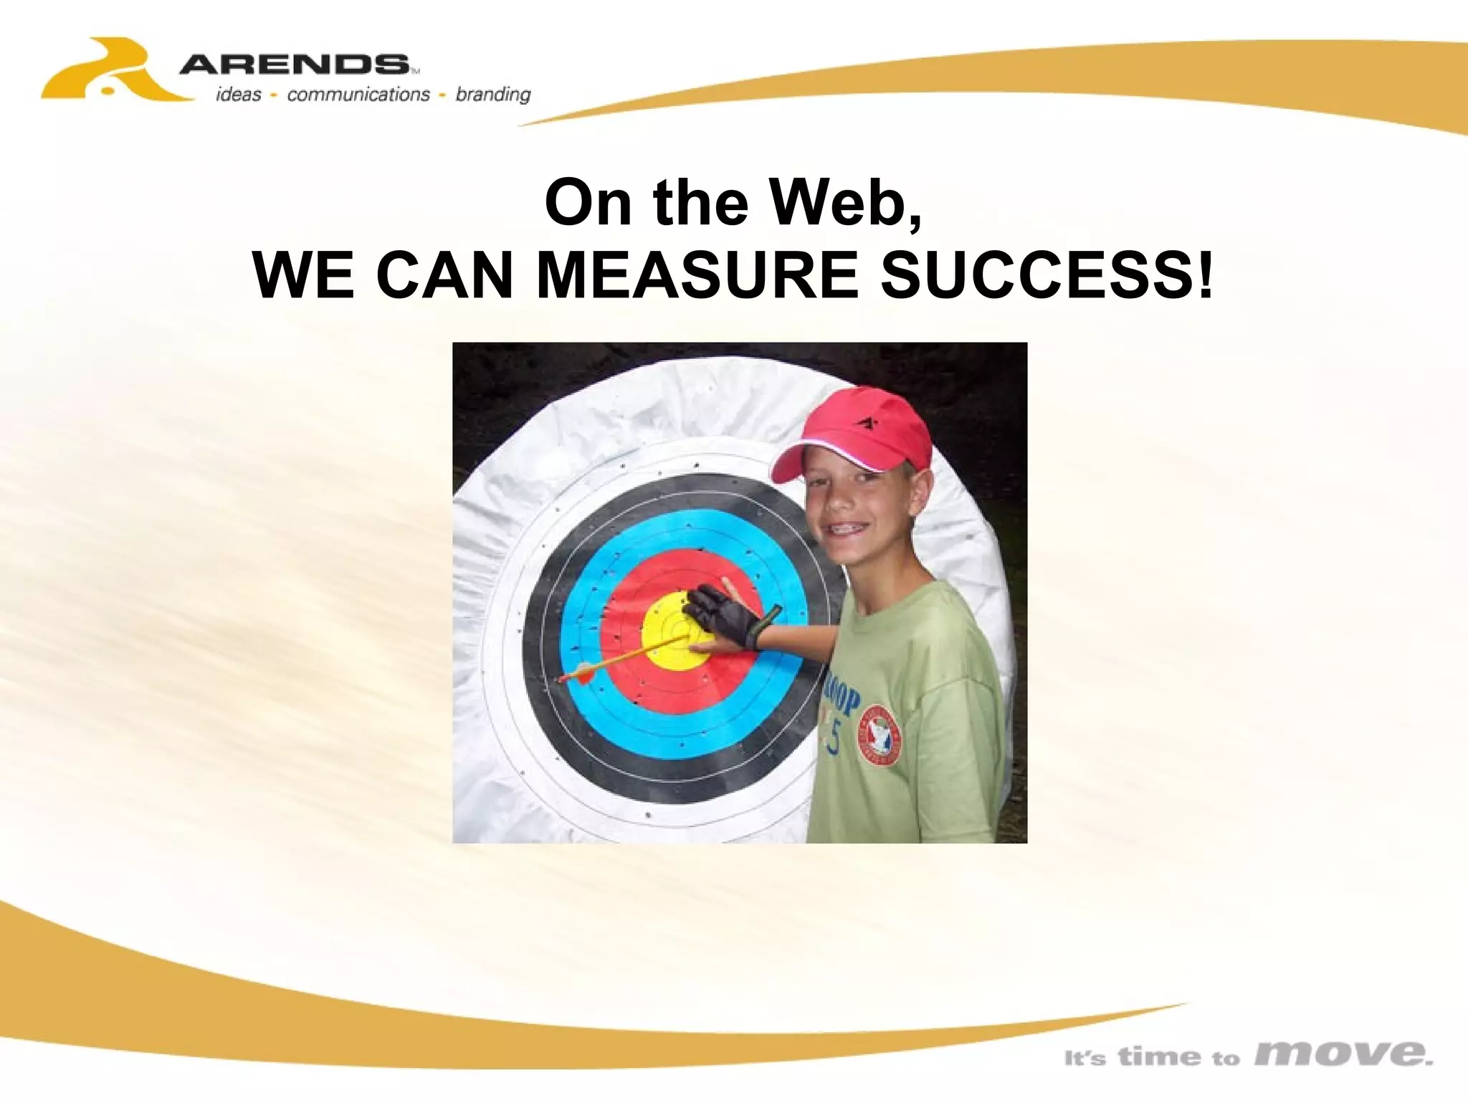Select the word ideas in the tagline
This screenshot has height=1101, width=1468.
(x=239, y=95)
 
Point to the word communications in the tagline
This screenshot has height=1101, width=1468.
(x=358, y=95)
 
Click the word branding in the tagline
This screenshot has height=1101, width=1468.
(x=493, y=95)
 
